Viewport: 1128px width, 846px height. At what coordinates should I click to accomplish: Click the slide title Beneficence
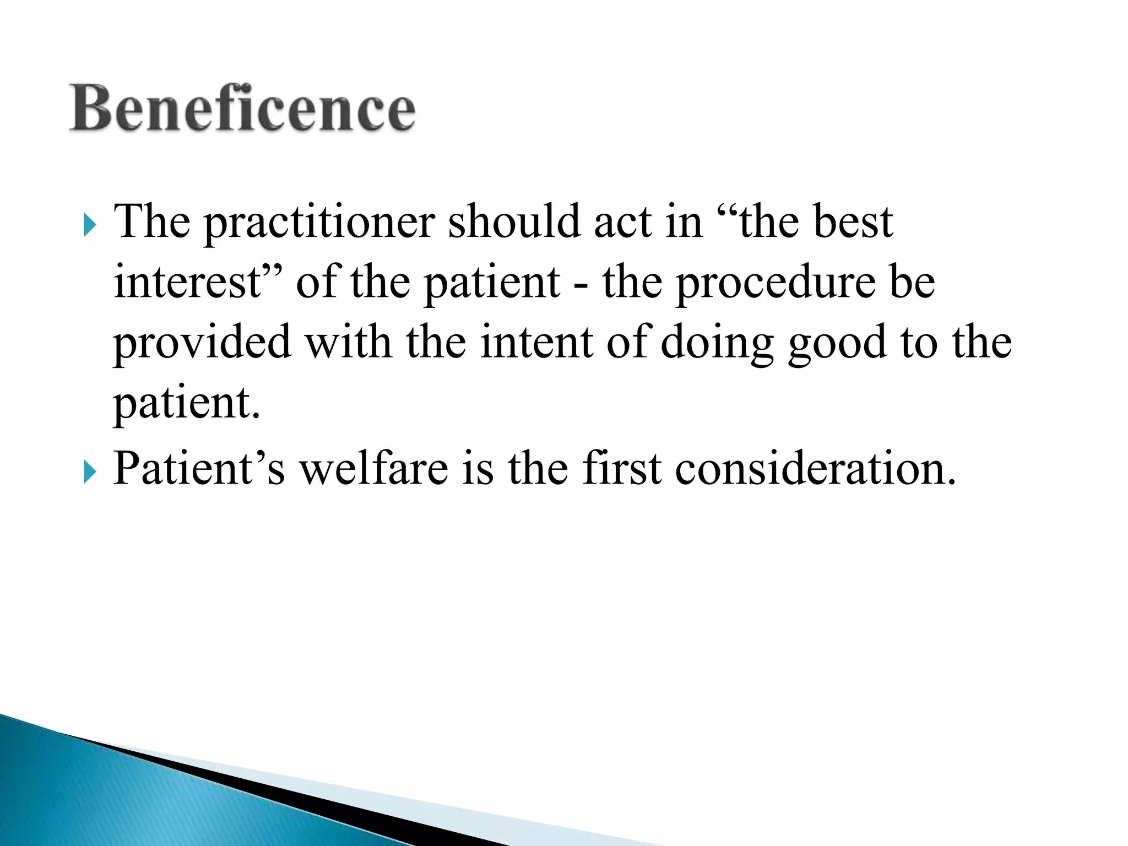point(242,109)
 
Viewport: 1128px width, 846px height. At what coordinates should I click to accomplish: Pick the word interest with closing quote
point(198,282)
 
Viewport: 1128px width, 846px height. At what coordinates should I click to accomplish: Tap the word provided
point(202,344)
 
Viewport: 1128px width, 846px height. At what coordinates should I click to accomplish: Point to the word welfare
point(373,468)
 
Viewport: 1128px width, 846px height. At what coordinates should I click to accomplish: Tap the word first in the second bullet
point(622,468)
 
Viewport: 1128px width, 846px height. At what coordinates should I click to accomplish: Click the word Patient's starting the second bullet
point(199,468)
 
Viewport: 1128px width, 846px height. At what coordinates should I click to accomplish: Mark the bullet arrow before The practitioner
point(90,226)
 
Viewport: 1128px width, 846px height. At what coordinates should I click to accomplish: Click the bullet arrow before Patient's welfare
point(90,472)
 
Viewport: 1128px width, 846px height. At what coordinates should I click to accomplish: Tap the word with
point(348,343)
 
